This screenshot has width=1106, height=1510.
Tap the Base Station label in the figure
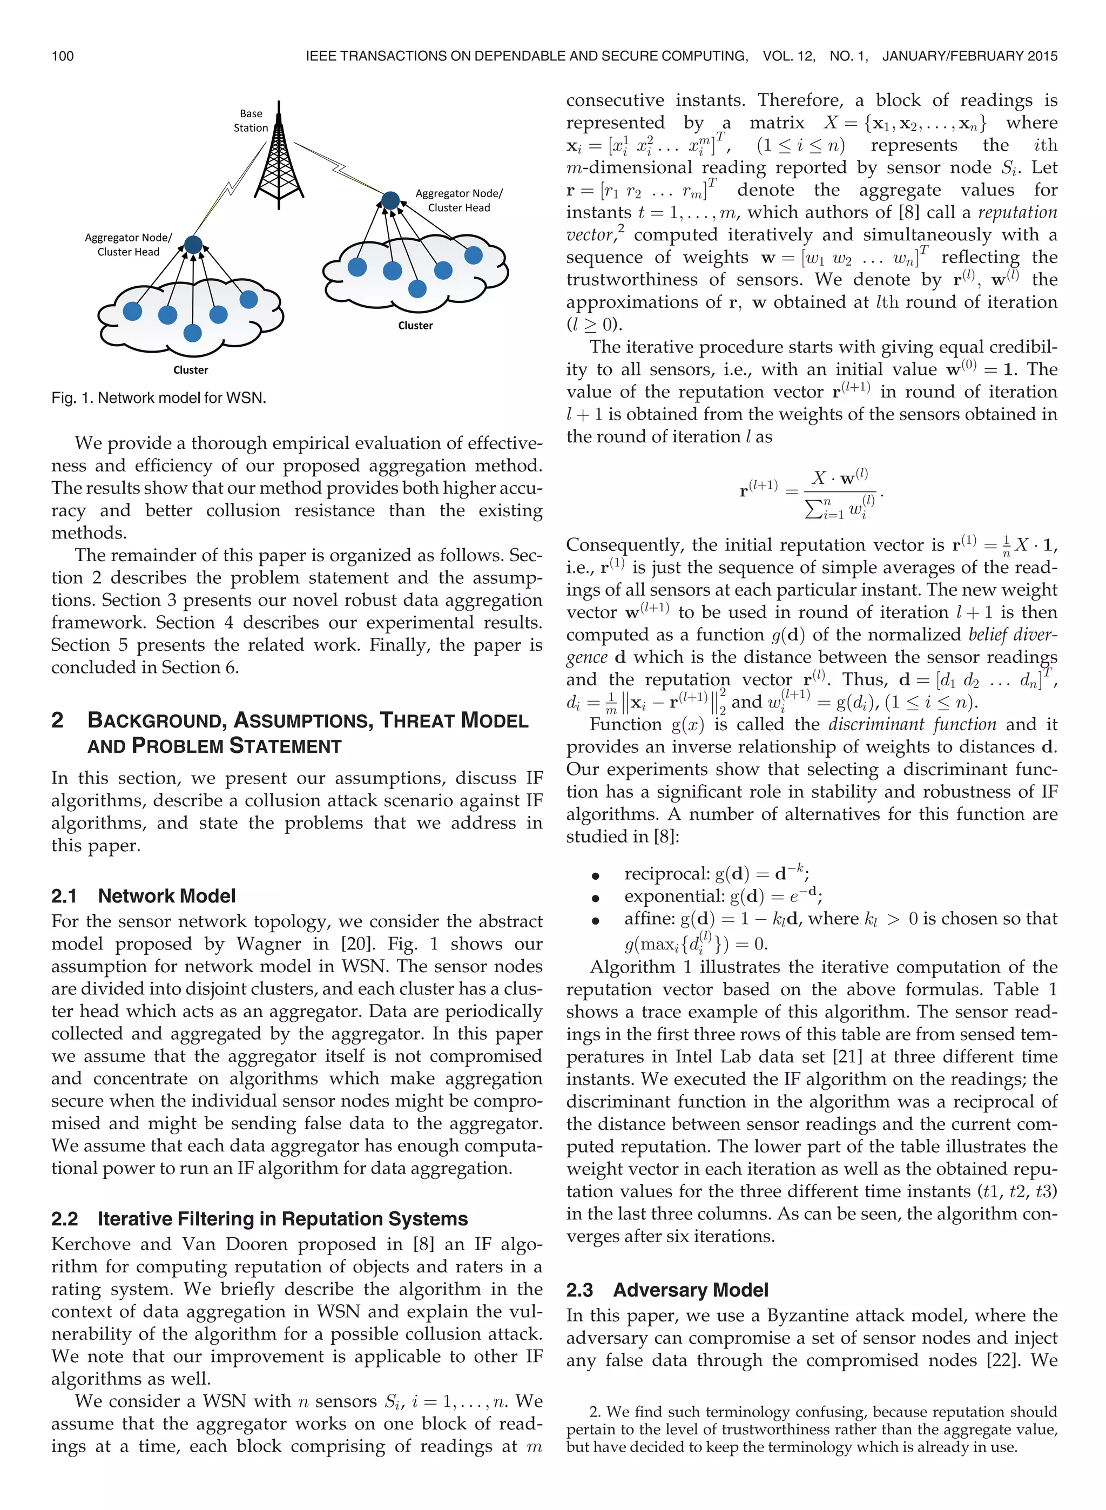(x=251, y=120)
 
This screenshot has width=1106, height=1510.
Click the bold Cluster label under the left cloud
(x=191, y=370)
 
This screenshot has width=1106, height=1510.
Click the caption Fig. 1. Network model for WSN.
(x=159, y=398)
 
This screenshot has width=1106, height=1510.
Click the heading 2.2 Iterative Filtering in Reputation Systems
(x=259, y=1218)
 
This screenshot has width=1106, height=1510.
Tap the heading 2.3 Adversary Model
(x=667, y=1290)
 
